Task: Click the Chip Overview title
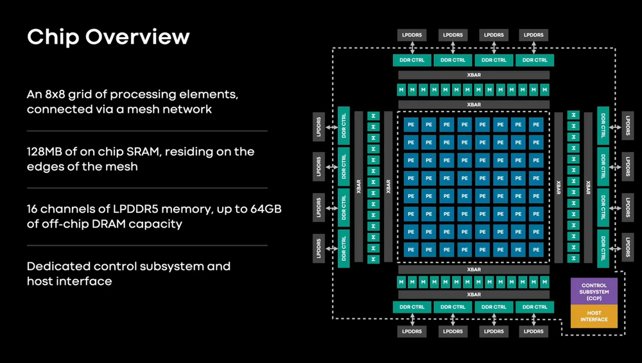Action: [108, 37]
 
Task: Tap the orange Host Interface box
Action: [594, 316]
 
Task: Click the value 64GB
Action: [263, 209]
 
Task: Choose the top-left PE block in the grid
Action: [410, 123]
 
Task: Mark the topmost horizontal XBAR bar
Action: [474, 75]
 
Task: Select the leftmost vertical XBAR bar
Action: [358, 186]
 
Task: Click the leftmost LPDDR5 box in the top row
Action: [412, 35]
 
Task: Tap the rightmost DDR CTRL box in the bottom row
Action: [535, 307]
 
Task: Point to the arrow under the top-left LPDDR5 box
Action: [412, 48]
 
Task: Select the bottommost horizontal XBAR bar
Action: [474, 294]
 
